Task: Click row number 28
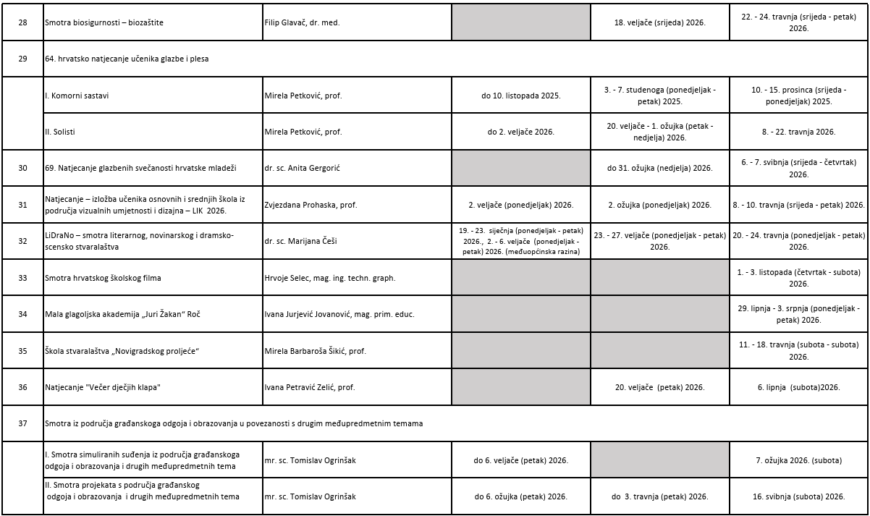[22, 22]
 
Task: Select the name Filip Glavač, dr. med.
[302, 22]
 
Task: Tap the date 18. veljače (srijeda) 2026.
[659, 22]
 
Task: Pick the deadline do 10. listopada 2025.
[521, 95]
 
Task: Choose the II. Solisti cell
[60, 132]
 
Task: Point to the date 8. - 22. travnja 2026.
[798, 132]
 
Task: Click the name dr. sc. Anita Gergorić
[302, 168]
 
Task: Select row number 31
[22, 205]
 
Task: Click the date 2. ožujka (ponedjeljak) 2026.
[659, 205]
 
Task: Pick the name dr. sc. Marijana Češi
[300, 241]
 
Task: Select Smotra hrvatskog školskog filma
[103, 278]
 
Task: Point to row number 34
[22, 314]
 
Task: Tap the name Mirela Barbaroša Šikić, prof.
[315, 351]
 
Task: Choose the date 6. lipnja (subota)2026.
[798, 387]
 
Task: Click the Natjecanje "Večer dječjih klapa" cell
[102, 387]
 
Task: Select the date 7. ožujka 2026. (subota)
[798, 460]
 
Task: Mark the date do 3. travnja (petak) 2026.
[659, 496]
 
